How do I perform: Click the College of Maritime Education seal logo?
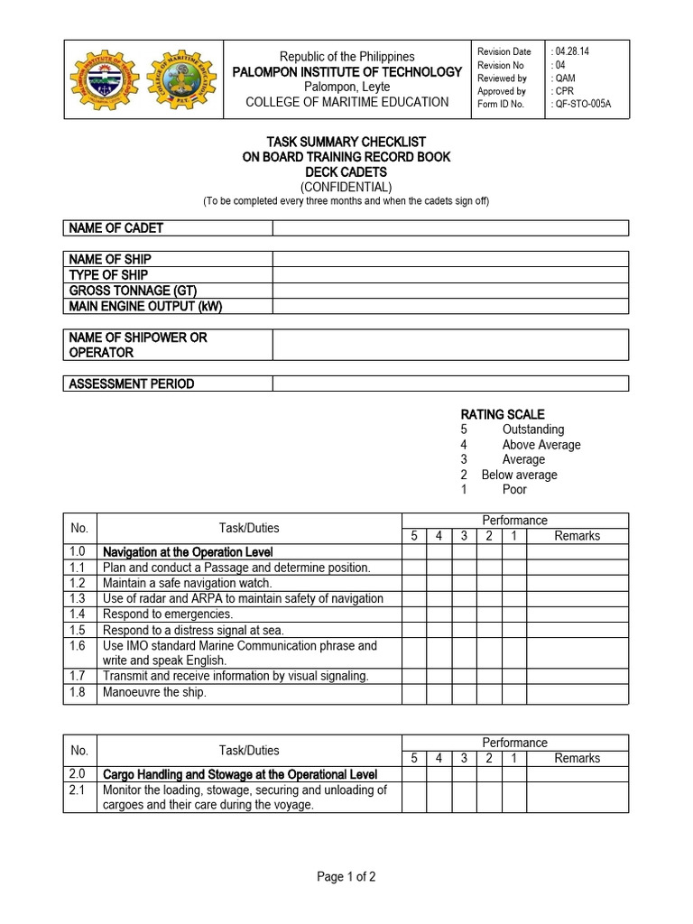(184, 79)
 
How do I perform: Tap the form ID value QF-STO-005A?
(582, 104)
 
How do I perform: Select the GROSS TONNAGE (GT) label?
(133, 290)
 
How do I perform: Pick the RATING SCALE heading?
(503, 414)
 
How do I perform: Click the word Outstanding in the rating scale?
(533, 430)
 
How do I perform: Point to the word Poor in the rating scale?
(514, 489)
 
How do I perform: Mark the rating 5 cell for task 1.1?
(414, 568)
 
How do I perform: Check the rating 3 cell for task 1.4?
(463, 614)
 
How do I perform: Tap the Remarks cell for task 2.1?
(577, 798)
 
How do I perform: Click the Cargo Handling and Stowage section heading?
(239, 774)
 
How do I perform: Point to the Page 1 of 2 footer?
(346, 876)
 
